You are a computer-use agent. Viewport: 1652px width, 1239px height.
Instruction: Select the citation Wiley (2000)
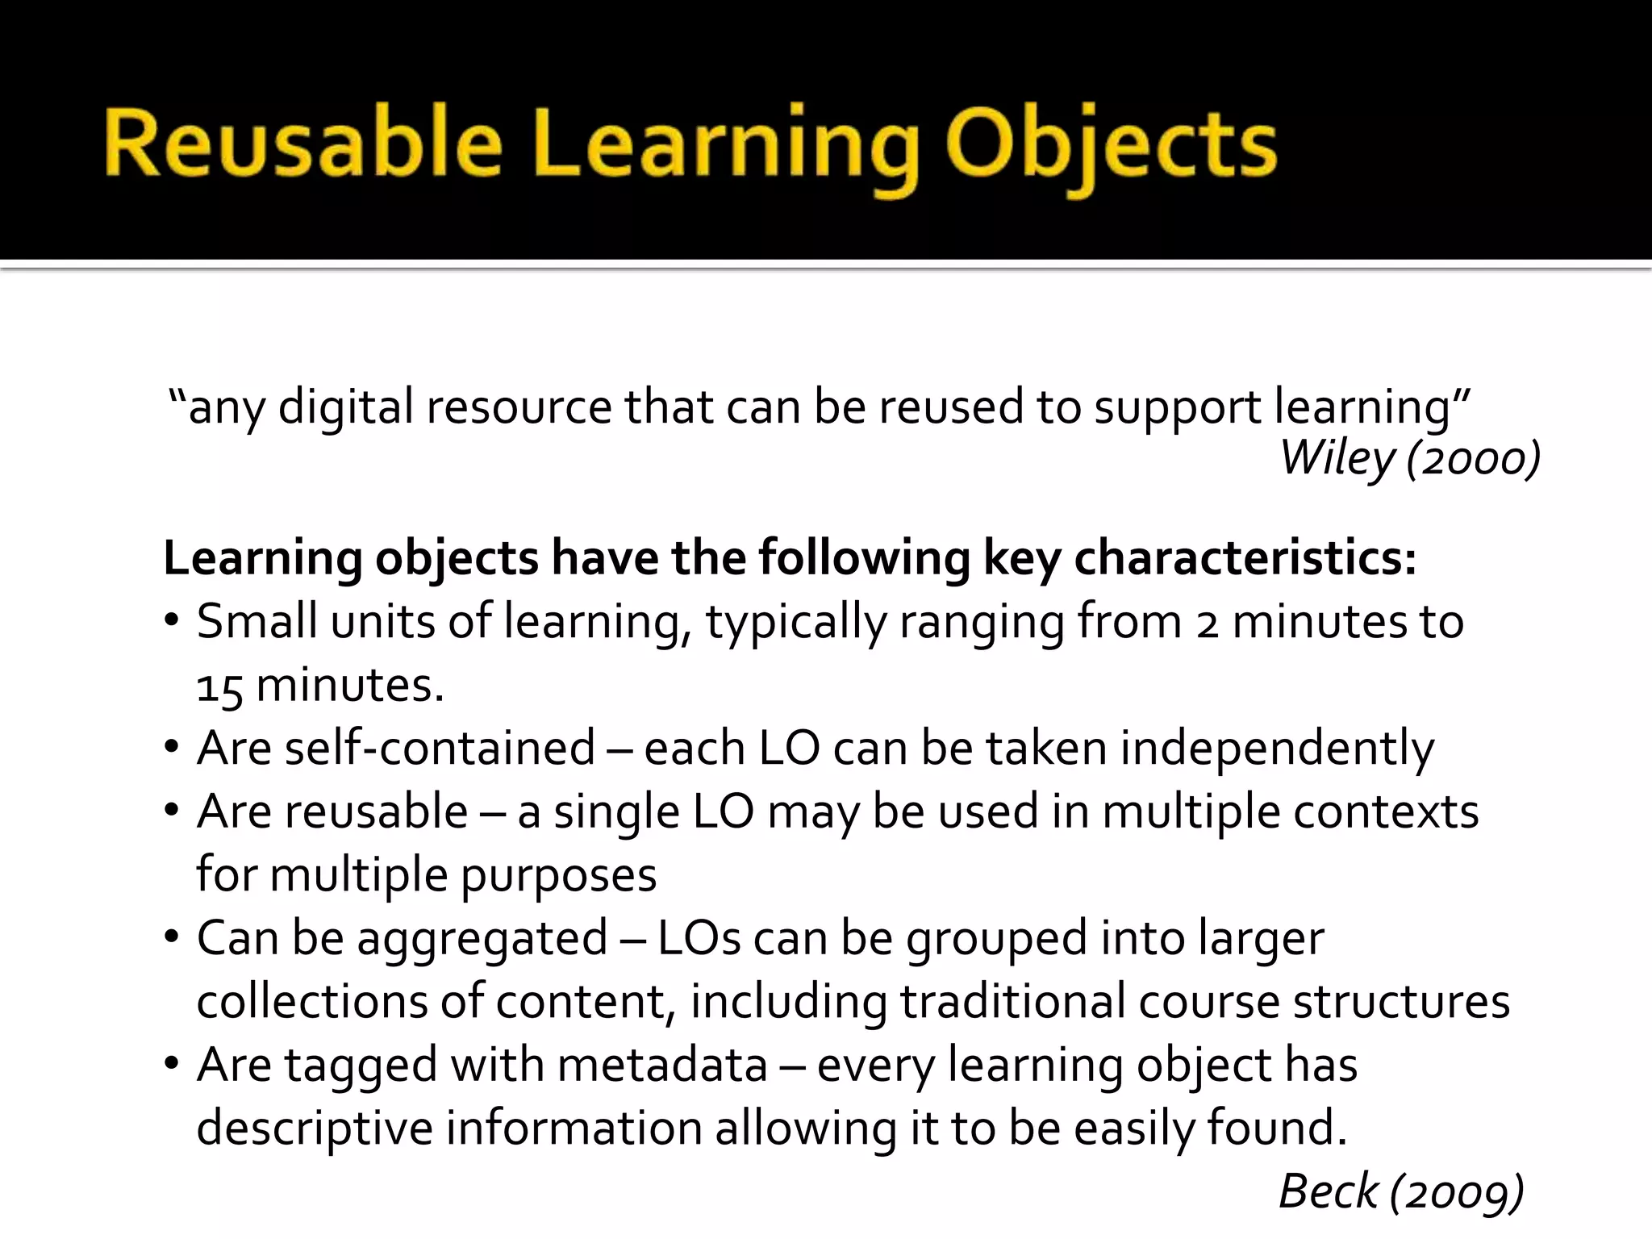[x=1410, y=458]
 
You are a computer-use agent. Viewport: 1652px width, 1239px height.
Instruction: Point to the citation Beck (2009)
[x=1401, y=1191]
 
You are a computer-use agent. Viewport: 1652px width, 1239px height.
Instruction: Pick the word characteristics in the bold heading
[x=1245, y=557]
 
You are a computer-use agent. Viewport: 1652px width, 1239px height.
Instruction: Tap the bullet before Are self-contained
[x=170, y=748]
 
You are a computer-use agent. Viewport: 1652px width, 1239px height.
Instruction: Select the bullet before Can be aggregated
[x=170, y=938]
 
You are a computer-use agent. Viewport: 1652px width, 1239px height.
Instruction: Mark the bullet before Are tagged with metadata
[x=170, y=1065]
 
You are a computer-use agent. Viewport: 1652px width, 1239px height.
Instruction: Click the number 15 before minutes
[x=219, y=686]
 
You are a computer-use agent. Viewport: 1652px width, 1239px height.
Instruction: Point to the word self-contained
[x=440, y=748]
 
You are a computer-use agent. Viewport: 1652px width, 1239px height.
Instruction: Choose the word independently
[x=1277, y=748]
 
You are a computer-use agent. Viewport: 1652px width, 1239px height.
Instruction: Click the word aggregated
[x=482, y=938]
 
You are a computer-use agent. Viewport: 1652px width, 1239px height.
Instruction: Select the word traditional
[x=1012, y=1001]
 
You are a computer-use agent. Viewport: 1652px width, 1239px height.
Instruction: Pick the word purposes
[x=558, y=874]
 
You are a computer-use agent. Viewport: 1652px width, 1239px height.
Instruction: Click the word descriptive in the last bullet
[x=315, y=1128]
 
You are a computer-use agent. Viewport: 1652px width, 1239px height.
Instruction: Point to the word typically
[x=796, y=622]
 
